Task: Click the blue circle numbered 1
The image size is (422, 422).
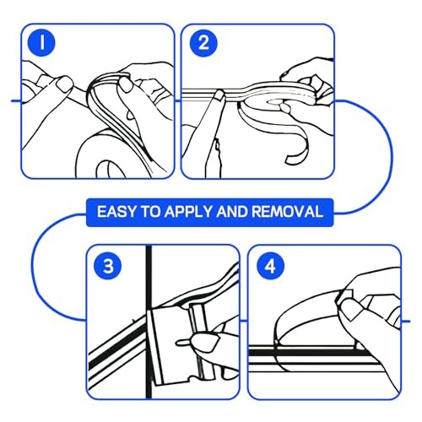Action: coord(41,43)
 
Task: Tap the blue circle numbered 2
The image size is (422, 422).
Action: coord(203,43)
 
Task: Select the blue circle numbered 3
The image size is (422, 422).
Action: coord(108,266)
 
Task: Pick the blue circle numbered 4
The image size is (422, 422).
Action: coord(270,266)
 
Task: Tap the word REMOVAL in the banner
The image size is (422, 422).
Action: coord(287,212)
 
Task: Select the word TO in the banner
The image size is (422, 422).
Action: coord(150,212)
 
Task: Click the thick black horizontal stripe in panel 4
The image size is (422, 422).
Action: coord(310,352)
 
